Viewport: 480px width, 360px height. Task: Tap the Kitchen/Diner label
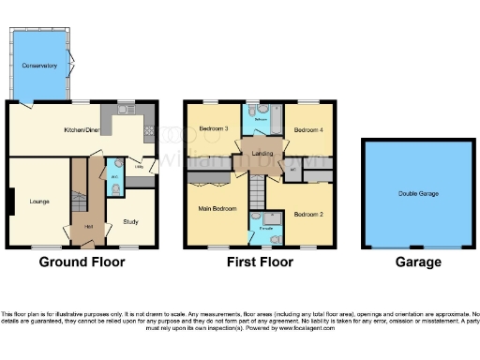[82, 130]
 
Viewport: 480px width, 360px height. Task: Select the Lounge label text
[38, 201]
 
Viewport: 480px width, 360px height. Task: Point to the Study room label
[130, 221]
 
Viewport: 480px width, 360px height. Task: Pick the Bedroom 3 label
[214, 128]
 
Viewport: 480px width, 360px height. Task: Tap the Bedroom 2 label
[308, 215]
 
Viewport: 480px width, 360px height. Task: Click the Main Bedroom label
[216, 209]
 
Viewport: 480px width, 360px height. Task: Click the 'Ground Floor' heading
[82, 262]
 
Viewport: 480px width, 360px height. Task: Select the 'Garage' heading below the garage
[417, 262]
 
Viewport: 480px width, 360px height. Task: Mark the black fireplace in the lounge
[11, 201]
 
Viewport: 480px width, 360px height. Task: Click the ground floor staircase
[79, 192]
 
